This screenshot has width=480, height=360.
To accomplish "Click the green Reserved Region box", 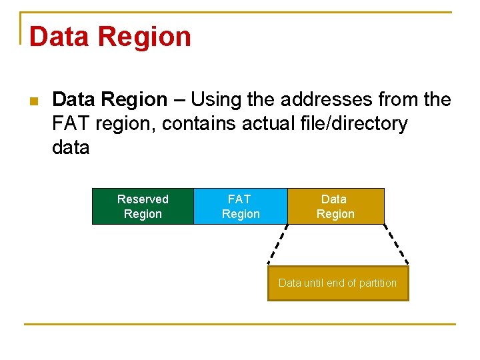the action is (143, 207).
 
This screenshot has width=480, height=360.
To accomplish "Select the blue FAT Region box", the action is (240, 207).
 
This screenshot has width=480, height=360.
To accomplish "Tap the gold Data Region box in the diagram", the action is (335, 207).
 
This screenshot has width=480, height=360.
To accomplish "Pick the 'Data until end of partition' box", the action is (337, 283).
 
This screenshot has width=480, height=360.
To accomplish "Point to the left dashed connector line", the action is (279, 245).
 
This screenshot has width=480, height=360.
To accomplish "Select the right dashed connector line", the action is (397, 245).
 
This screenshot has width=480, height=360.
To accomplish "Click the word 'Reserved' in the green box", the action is (143, 199).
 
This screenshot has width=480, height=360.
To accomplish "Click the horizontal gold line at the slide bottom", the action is (240, 325).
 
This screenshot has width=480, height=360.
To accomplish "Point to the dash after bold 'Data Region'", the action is (179, 100).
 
